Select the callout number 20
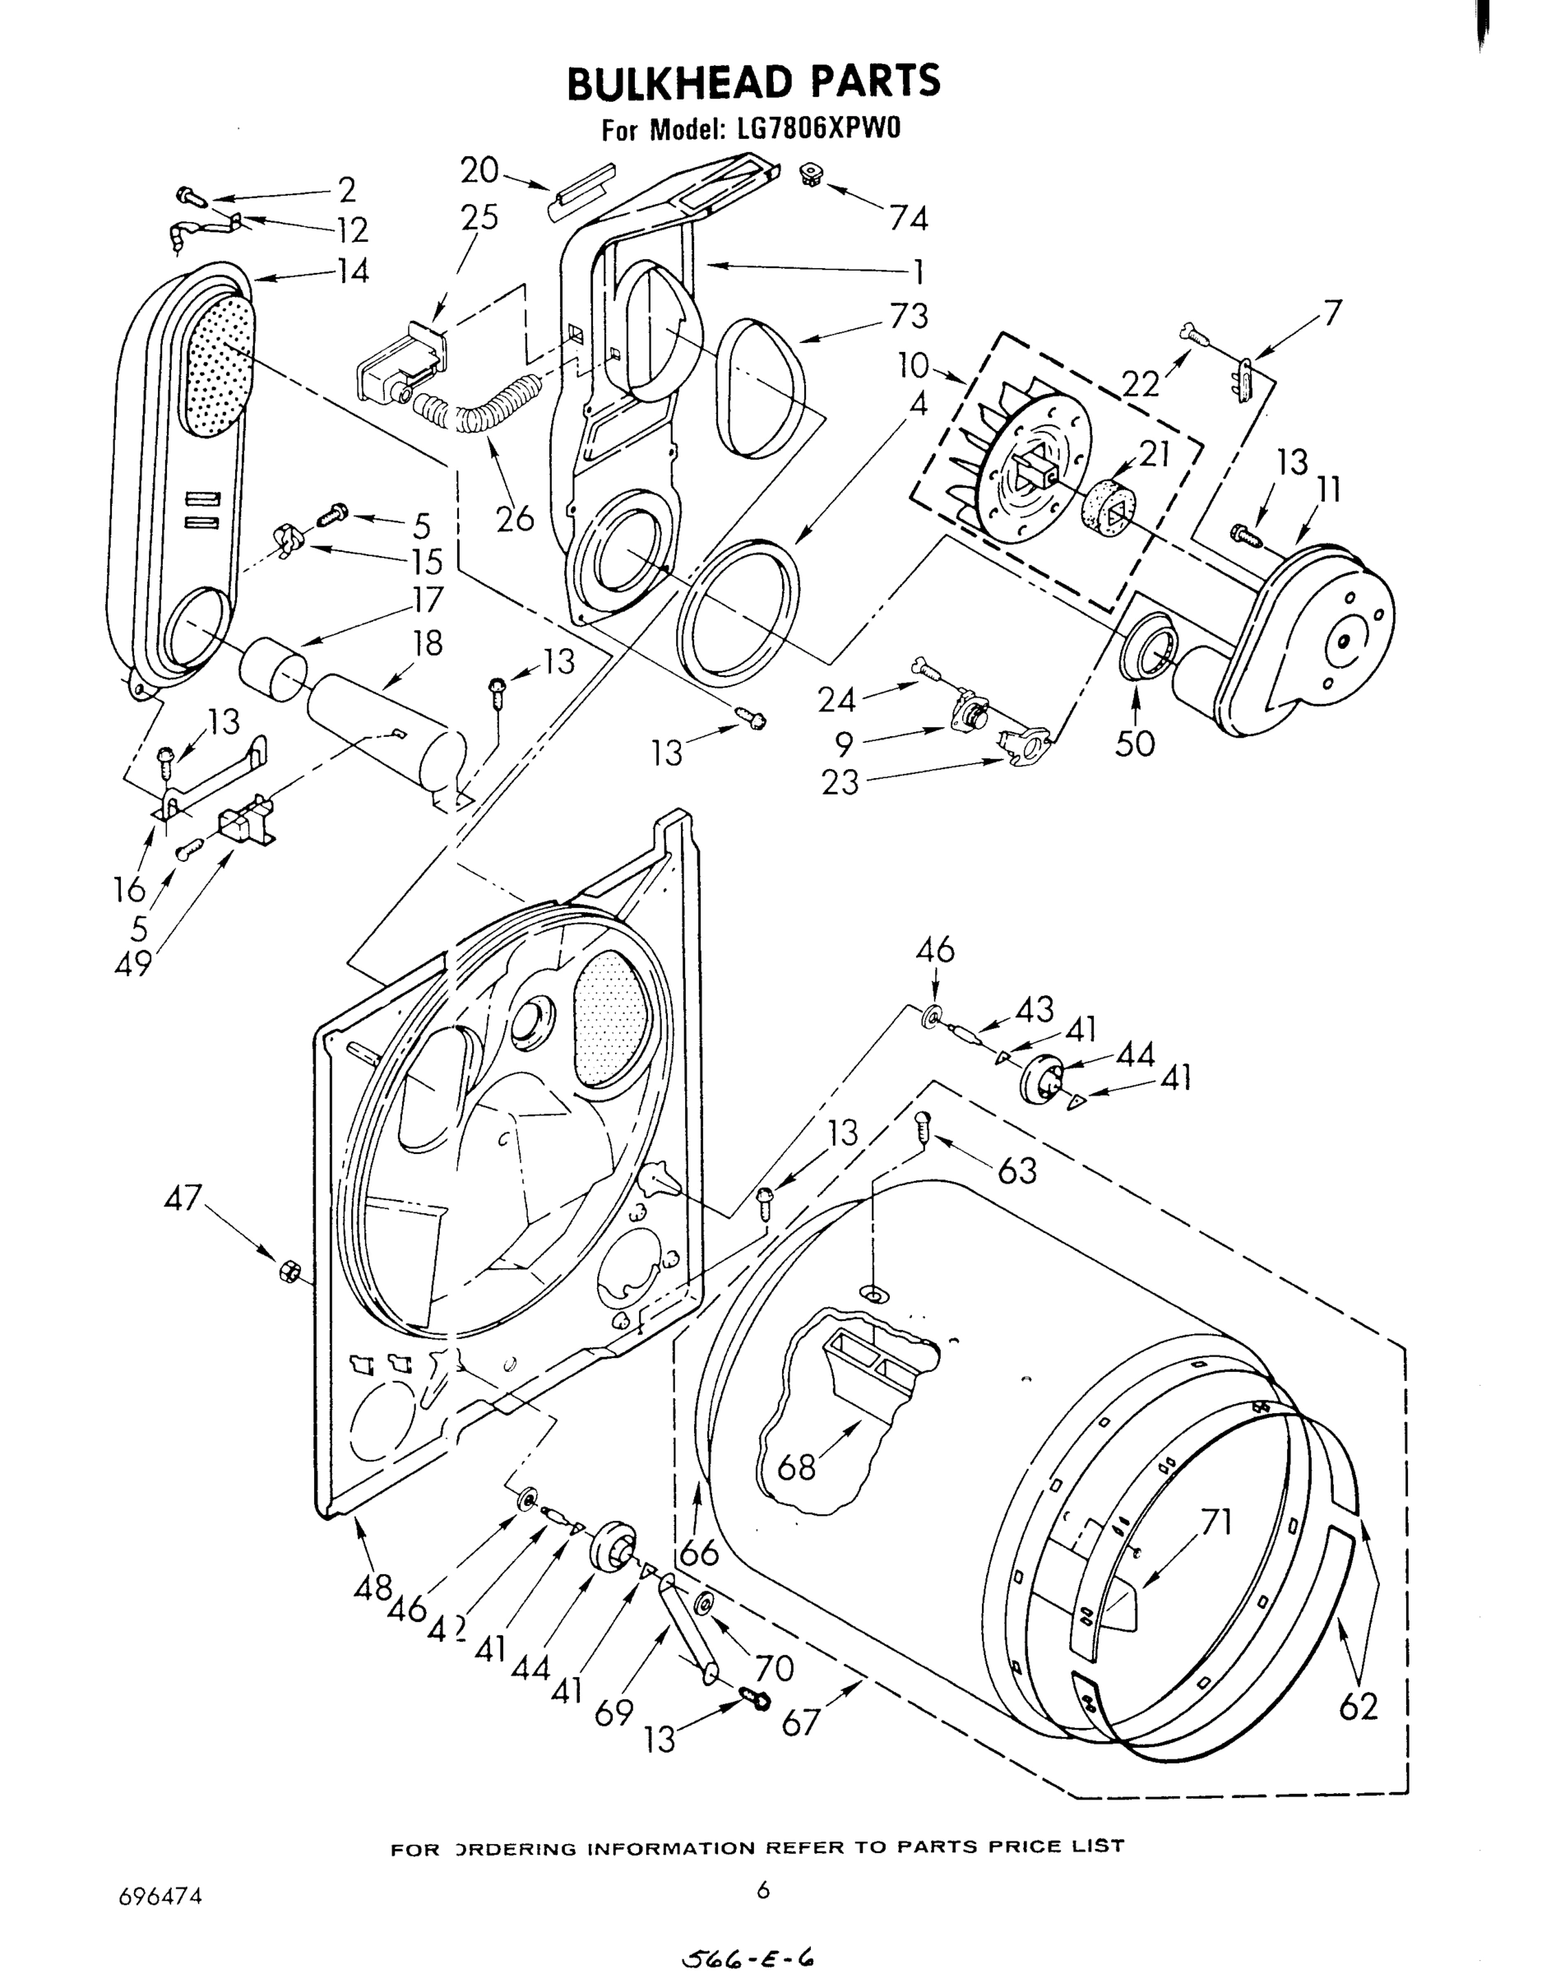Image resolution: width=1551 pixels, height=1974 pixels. tap(479, 169)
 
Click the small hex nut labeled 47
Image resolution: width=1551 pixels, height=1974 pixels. tap(286, 1272)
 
